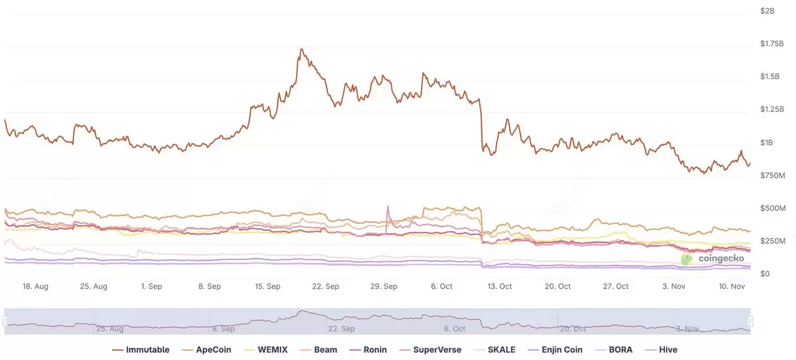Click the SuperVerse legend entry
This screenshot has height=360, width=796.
click(433, 349)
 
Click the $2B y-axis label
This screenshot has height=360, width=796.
click(767, 11)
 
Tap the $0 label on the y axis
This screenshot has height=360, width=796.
click(765, 274)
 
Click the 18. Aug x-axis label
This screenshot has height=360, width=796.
click(35, 287)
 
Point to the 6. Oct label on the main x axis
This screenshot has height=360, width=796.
click(442, 287)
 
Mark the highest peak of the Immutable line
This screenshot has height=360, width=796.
click(302, 49)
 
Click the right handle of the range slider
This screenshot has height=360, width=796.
click(750, 321)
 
